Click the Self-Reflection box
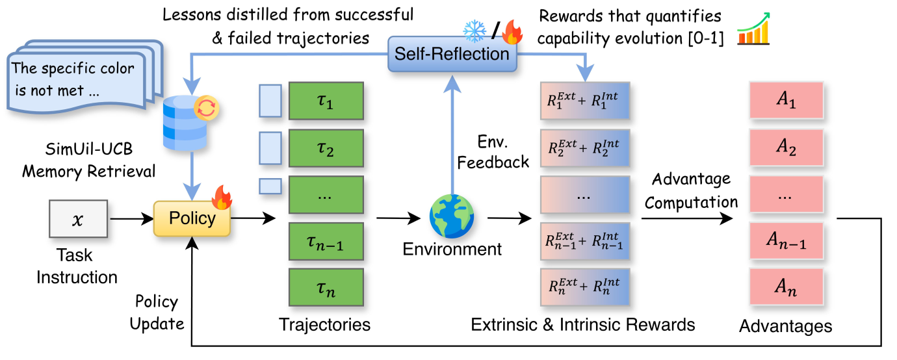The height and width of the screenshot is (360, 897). (452, 53)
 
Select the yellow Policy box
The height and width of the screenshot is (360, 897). (192, 218)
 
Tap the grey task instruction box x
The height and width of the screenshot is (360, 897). (78, 219)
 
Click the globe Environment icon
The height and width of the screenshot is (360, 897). (452, 216)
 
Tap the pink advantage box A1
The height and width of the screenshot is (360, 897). (786, 101)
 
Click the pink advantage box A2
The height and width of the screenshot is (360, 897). (786, 148)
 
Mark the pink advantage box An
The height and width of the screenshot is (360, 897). (786, 287)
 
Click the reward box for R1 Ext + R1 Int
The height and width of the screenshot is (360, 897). (585, 102)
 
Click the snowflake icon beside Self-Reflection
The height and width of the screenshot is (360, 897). (474, 30)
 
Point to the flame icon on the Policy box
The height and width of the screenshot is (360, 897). (222, 197)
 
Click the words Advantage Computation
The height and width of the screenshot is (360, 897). (691, 190)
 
